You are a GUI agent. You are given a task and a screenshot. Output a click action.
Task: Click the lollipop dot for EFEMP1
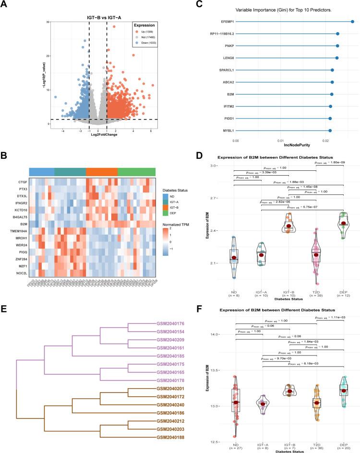click(x=352, y=22)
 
